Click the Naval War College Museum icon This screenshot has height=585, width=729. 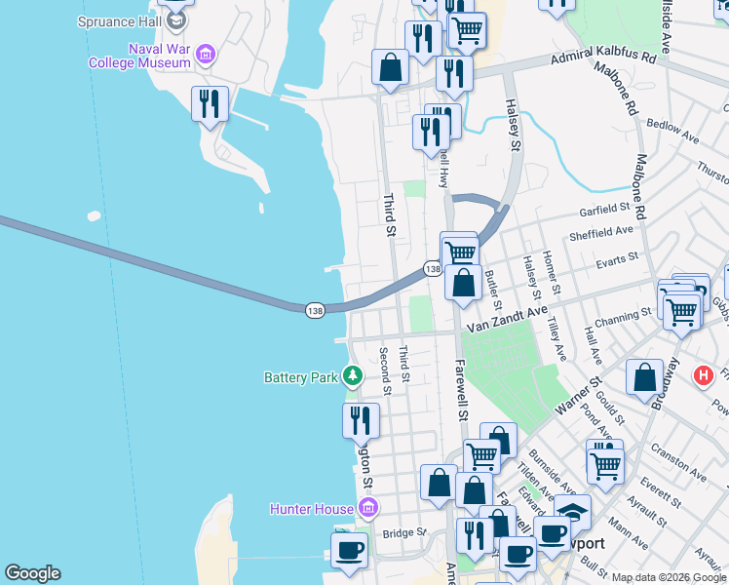pos(206,55)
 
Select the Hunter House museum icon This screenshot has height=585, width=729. pos(367,507)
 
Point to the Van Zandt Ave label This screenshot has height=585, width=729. pos(507,320)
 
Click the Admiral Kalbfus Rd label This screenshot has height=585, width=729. pos(603,58)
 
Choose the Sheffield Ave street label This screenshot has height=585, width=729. pos(601,233)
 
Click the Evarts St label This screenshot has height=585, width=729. pos(617,258)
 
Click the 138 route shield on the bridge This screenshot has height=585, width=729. pos(314,310)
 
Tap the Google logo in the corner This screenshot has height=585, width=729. pos(32,573)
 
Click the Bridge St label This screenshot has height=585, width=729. pos(404,533)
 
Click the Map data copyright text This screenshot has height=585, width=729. pos(668,577)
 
